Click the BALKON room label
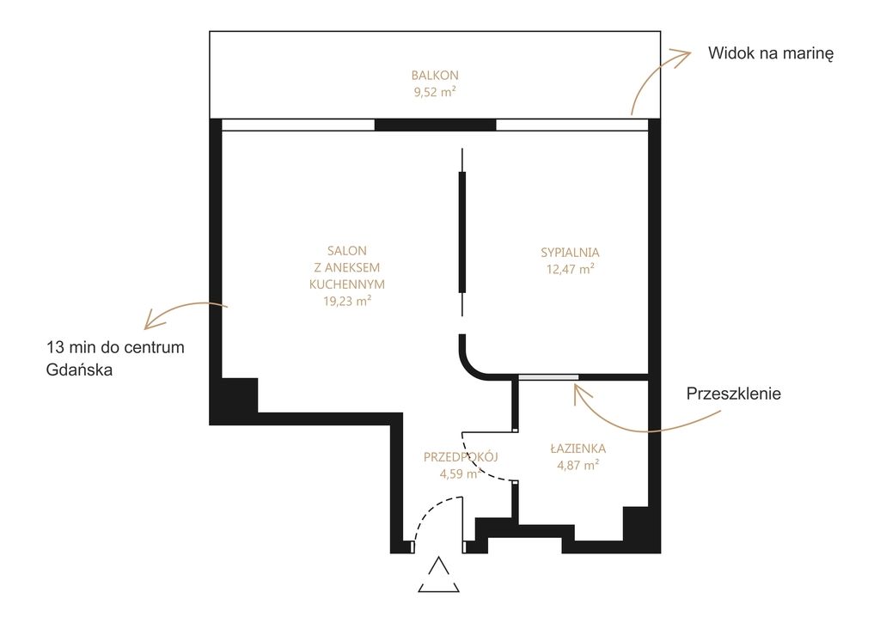[435, 76]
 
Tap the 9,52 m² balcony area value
[435, 92]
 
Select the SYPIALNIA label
[571, 253]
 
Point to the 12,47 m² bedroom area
[571, 270]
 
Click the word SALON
[347, 251]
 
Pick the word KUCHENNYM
[347, 284]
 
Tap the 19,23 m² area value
[347, 302]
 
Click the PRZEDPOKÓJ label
[461, 457]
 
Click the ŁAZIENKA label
[578, 449]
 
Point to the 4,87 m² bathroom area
[578, 465]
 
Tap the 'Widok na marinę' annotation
[771, 53]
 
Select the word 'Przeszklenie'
[734, 394]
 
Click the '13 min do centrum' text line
[116, 347]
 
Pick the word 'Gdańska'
[79, 370]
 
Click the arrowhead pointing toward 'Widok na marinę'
[681, 57]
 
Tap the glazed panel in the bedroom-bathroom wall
[548, 377]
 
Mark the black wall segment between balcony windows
[435, 125]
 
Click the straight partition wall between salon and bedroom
[462, 232]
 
